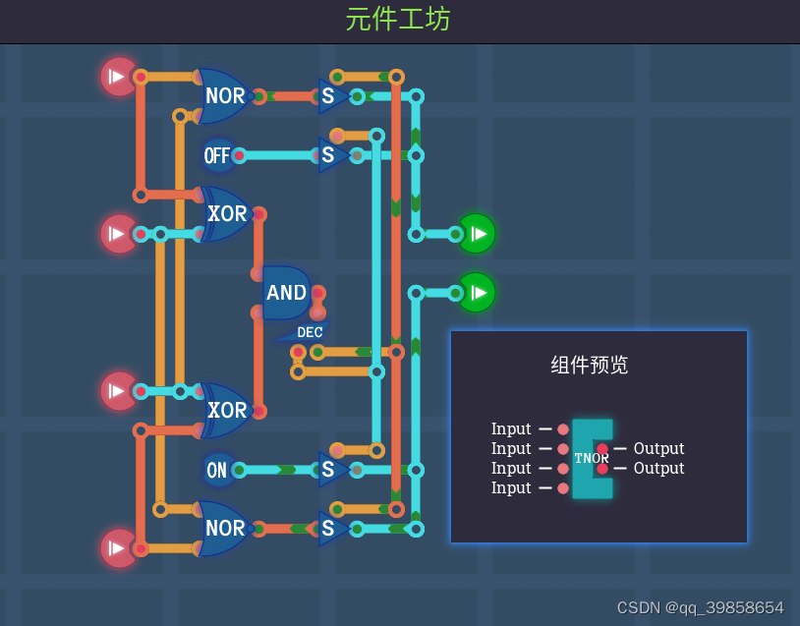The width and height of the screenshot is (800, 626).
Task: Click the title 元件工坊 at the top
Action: (398, 19)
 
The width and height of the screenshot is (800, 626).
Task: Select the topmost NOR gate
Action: (224, 96)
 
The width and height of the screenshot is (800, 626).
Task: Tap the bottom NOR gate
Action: (224, 529)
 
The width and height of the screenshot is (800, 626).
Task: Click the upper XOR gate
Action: (227, 214)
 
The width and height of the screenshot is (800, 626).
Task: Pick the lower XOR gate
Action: (227, 410)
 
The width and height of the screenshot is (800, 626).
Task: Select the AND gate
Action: (286, 292)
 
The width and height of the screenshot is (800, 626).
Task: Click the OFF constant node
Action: (217, 155)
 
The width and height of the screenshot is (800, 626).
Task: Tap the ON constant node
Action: (217, 470)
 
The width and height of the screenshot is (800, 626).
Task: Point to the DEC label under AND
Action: (310, 332)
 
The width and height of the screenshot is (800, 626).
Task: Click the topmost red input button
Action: (118, 77)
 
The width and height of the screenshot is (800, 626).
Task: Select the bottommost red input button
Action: (118, 547)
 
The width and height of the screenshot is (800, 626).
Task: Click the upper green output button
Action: (477, 234)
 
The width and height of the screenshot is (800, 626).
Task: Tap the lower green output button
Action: (477, 293)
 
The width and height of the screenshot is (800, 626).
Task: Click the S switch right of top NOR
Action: (331, 96)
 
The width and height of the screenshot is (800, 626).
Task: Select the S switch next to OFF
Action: (331, 155)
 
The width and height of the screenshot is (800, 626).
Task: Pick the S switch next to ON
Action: (331, 470)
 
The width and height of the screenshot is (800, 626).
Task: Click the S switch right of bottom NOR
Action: (331, 529)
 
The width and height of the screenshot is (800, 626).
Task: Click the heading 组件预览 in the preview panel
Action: (590, 366)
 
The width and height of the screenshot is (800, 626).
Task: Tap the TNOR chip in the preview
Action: (592, 458)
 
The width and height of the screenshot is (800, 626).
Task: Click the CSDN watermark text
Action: (700, 607)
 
